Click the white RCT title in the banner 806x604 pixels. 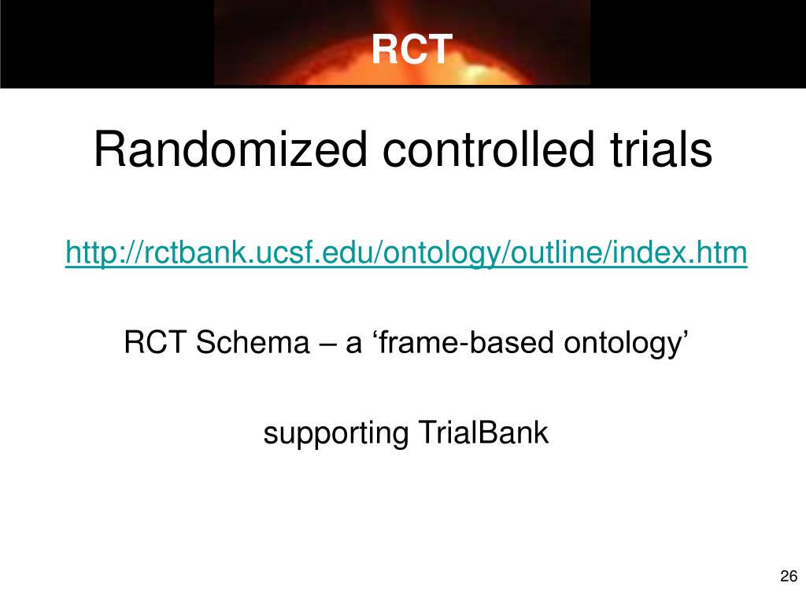coord(412,50)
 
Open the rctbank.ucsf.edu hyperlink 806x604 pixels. coord(406,252)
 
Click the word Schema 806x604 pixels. coord(253,342)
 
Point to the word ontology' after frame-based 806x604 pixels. coord(626,343)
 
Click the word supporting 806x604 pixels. coord(335,433)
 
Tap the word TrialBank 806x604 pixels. coord(483,433)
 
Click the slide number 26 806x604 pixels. coord(789,576)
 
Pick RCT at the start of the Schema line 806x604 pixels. coord(155,342)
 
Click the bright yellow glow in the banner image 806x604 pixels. coord(475,73)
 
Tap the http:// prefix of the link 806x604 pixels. coord(102,252)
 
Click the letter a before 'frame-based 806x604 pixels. coord(353,345)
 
